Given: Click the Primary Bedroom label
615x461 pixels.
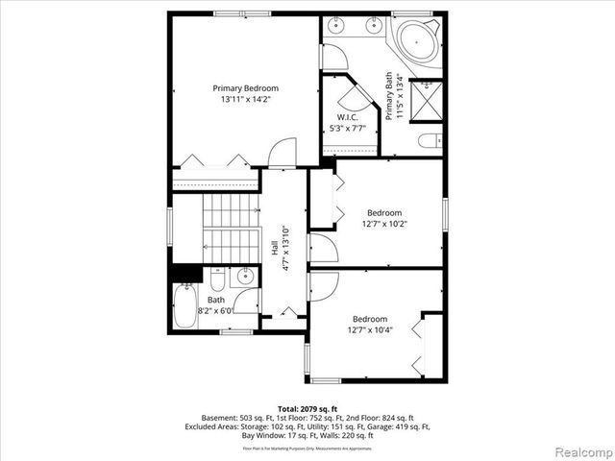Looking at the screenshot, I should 245,88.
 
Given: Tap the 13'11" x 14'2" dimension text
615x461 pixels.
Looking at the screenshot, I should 245,99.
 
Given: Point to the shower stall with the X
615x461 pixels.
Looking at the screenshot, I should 426,98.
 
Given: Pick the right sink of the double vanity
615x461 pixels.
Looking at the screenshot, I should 371,26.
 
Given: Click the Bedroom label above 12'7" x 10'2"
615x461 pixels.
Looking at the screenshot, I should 384,213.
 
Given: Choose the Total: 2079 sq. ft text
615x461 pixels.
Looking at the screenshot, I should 307,408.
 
